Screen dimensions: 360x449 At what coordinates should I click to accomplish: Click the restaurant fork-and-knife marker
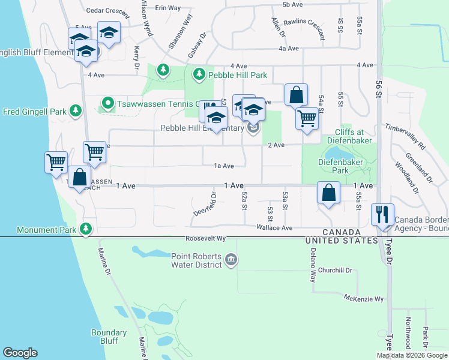click(382, 214)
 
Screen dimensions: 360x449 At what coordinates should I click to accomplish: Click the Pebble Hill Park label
click(238, 75)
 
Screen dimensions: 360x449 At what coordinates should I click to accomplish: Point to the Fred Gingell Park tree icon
click(76, 111)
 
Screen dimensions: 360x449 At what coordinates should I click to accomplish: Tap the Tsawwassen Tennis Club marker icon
click(107, 103)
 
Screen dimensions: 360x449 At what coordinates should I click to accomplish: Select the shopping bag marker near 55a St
click(329, 193)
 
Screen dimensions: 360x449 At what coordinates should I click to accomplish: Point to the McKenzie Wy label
click(364, 299)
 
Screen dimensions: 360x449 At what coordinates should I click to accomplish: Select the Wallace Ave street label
click(274, 228)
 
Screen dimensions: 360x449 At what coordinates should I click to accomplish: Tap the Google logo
click(20, 352)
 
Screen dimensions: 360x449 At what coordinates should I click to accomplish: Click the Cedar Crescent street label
click(108, 11)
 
